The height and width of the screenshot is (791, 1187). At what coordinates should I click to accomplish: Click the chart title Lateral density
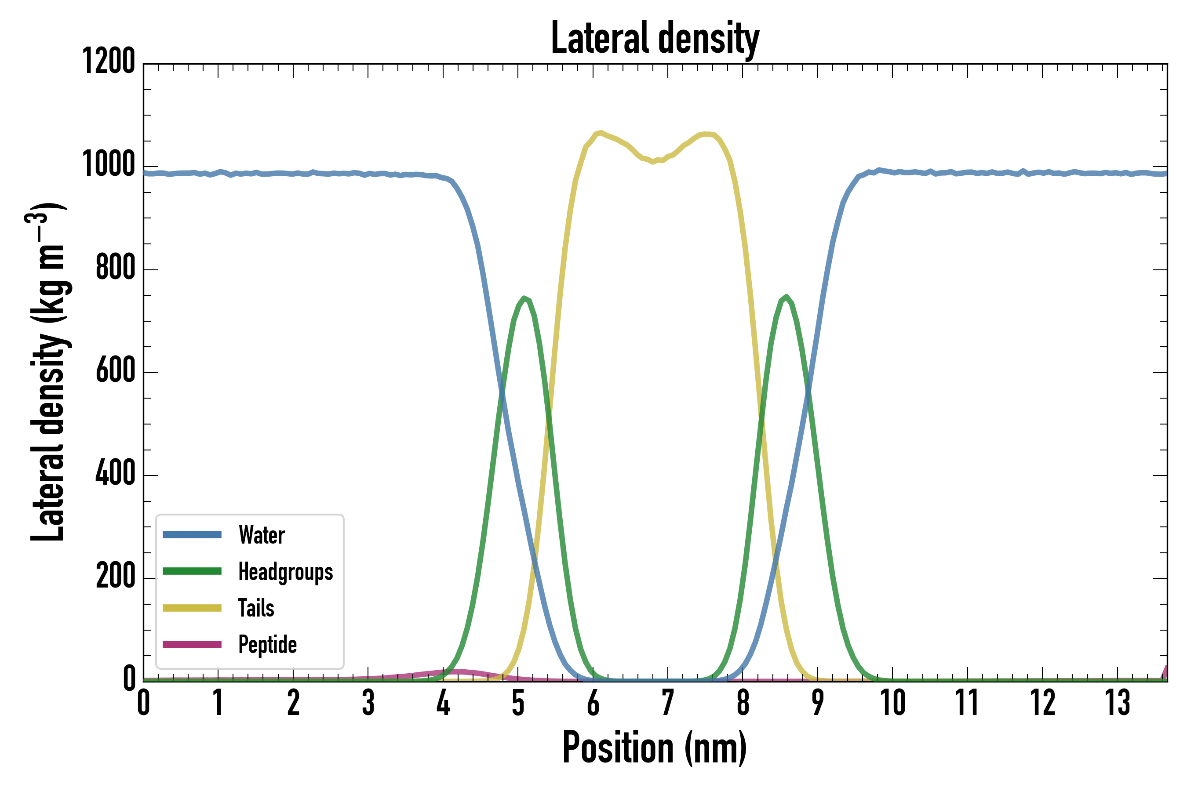[655, 38]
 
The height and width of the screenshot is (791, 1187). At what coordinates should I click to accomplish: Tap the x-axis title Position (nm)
[655, 747]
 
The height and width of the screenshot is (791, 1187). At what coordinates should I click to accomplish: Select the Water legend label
[262, 535]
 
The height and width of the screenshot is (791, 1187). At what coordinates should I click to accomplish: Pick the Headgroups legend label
[286, 572]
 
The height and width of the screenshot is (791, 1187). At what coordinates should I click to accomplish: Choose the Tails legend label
[256, 608]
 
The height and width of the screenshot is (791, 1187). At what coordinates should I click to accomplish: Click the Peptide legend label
[267, 645]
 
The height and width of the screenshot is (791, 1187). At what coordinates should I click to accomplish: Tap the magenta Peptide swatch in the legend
[192, 645]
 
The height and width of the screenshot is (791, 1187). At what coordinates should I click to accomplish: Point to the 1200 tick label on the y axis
[109, 62]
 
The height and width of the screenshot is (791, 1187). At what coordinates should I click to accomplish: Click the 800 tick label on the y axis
[116, 267]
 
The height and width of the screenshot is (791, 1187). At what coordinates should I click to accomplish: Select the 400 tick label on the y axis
[116, 473]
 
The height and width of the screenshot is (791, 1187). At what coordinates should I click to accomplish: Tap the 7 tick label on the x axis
[668, 703]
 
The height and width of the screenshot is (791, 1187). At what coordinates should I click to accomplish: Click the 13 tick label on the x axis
[1118, 703]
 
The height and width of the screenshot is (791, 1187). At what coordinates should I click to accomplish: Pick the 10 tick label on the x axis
[892, 703]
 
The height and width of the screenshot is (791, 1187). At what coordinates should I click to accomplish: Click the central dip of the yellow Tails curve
[654, 162]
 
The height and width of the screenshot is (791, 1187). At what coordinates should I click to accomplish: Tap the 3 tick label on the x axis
[368, 703]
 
